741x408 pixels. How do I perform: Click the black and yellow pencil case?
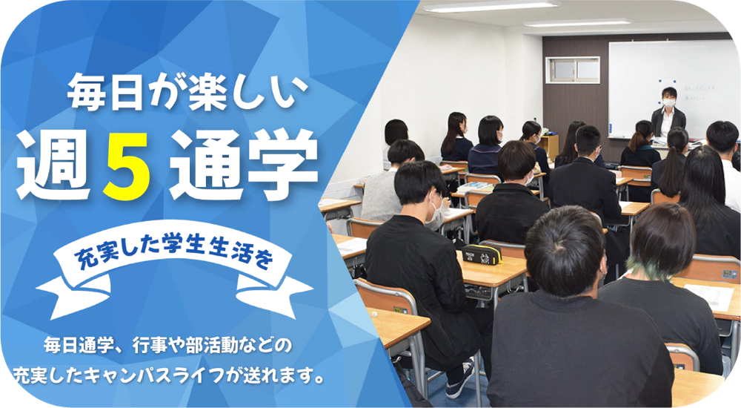point(482,254)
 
